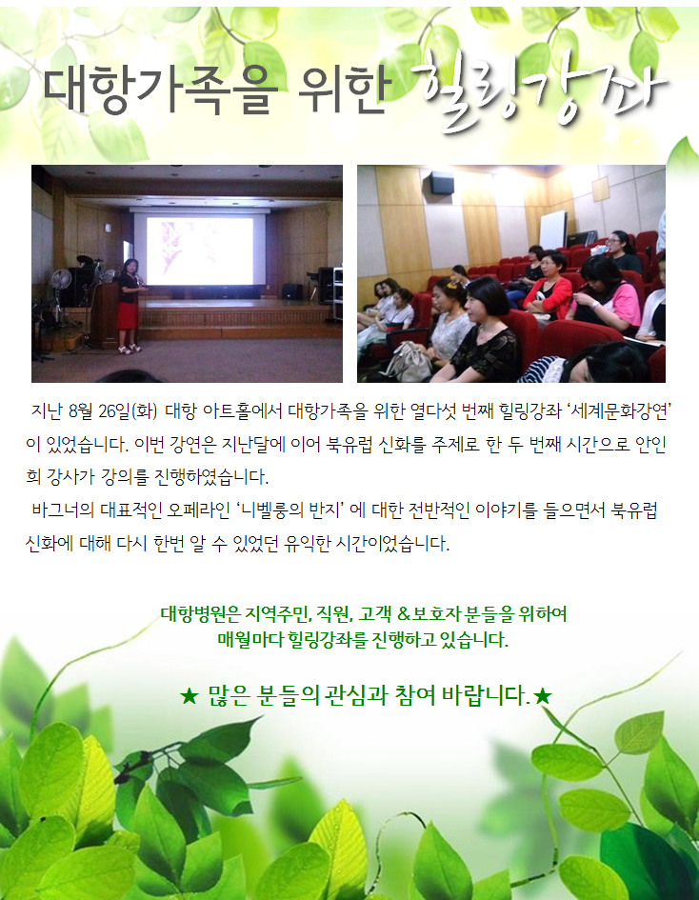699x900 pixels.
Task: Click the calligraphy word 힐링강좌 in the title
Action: click(x=539, y=91)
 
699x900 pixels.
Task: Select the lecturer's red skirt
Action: click(x=128, y=315)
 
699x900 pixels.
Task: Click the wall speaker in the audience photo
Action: click(x=441, y=183)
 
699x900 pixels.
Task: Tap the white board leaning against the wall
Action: click(x=553, y=230)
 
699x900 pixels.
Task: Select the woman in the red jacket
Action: click(x=549, y=287)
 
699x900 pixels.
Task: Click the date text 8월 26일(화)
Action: click(x=112, y=411)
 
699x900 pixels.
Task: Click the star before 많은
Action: click(x=189, y=697)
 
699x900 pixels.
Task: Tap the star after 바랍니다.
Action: click(x=542, y=697)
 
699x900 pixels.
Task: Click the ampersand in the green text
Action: click(x=404, y=614)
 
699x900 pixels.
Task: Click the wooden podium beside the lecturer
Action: click(x=105, y=314)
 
